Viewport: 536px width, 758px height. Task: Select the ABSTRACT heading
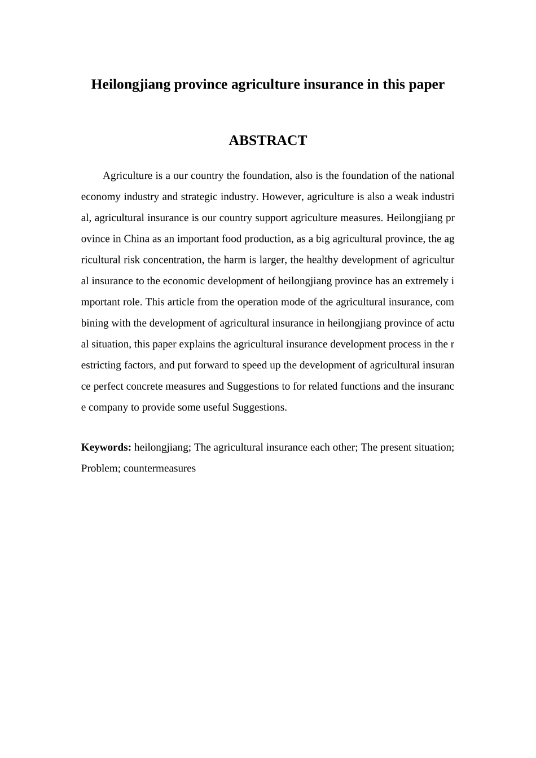(267, 140)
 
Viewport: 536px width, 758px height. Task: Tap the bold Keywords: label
(106, 447)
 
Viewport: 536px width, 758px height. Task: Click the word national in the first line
(437, 175)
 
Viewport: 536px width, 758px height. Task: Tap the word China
(137, 239)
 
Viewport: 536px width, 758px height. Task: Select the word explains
(199, 344)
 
